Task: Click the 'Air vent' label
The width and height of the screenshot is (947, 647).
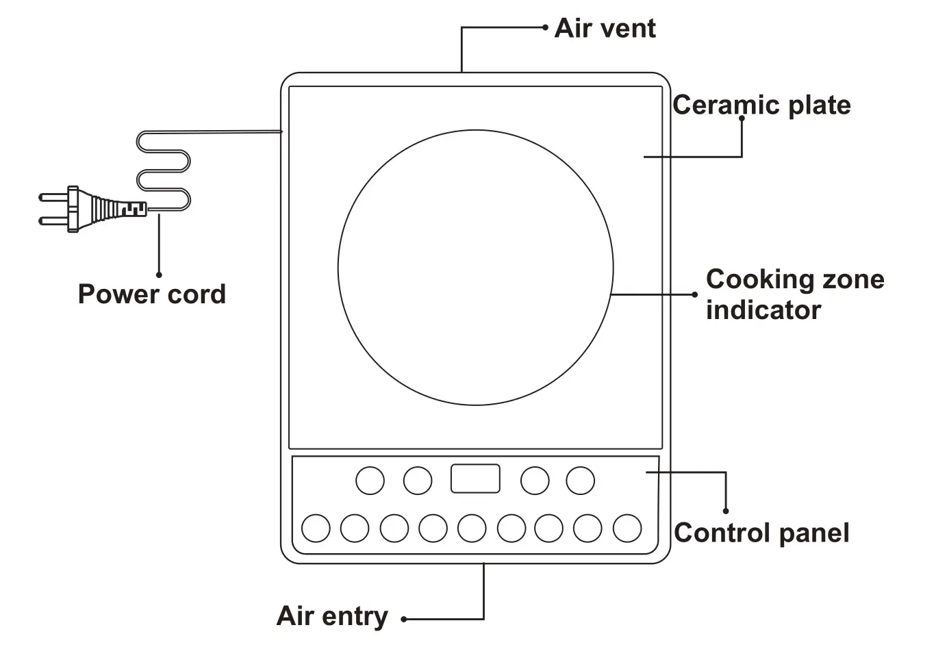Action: point(605,29)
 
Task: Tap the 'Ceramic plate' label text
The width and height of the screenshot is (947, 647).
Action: point(761,105)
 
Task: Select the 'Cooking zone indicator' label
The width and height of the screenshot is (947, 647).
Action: point(794,294)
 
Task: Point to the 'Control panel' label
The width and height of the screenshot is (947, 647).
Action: point(761,533)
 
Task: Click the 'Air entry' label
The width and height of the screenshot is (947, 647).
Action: point(332,616)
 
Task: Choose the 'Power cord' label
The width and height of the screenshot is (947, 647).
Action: point(151,294)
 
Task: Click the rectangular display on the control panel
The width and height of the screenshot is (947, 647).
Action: point(475,479)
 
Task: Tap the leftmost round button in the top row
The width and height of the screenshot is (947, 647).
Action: point(370,481)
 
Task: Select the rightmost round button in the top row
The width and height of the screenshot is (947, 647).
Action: point(580,481)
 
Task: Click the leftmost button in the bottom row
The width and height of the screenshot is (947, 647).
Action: point(316,529)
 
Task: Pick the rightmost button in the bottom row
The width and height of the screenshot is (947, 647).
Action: point(627,529)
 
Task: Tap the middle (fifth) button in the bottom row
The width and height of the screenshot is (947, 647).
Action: point(472,529)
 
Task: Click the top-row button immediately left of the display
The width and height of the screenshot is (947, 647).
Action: point(418,481)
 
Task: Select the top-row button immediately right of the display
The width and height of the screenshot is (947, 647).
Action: point(535,481)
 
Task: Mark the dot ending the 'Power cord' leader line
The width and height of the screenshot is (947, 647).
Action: point(159,275)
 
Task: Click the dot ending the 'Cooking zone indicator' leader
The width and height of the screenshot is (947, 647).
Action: point(694,295)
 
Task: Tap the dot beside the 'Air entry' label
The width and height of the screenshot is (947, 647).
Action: point(404,620)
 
